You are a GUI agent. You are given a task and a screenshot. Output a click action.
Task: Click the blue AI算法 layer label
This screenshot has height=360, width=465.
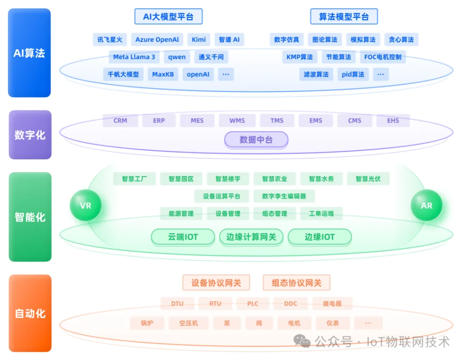[x=29, y=53]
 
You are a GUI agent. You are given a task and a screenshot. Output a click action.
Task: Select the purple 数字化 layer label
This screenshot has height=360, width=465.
[x=30, y=135]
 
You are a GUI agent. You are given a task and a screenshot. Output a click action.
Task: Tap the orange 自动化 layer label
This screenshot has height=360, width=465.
[x=30, y=313]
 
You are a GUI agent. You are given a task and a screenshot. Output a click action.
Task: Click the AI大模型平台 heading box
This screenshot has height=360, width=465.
[x=168, y=17]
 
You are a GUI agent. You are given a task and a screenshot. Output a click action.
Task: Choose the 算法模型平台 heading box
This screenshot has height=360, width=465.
[x=344, y=17]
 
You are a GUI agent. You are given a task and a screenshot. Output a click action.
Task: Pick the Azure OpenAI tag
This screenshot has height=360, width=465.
[x=157, y=40]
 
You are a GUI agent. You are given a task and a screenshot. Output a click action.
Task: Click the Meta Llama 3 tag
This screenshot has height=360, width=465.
[x=134, y=57]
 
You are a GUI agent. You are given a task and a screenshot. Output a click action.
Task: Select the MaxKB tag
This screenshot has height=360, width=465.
[x=163, y=74]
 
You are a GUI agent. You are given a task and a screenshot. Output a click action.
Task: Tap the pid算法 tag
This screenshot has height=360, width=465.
[x=353, y=74]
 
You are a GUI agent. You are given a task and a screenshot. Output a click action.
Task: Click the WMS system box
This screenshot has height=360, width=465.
[x=237, y=121]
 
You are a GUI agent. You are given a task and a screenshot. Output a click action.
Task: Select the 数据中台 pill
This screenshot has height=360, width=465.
[x=256, y=140]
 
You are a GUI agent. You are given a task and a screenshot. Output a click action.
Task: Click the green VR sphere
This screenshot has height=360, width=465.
[x=86, y=206]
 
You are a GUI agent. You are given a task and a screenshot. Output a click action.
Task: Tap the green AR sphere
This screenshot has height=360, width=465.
[x=426, y=206]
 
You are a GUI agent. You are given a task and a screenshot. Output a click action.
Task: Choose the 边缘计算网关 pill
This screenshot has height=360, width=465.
[x=251, y=237]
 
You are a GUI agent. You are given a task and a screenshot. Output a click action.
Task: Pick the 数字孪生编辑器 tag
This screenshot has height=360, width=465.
[x=284, y=196]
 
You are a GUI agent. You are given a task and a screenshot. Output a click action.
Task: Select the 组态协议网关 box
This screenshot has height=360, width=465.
[x=296, y=283]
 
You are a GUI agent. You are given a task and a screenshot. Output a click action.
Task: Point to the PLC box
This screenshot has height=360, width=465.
[x=253, y=304]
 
